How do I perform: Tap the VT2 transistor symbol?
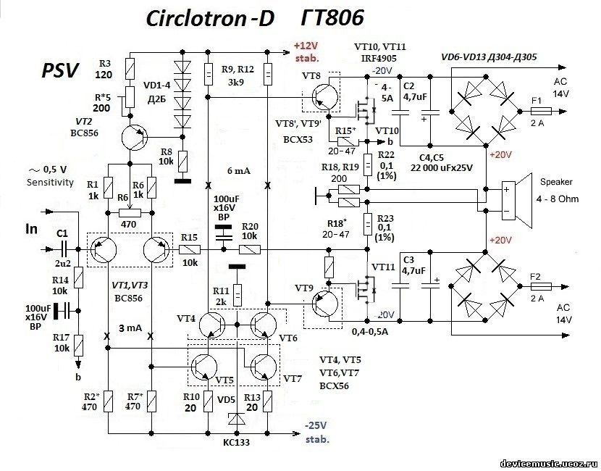coord(133,136)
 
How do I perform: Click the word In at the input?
coord(32,230)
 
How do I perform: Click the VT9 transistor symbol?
coord(324,302)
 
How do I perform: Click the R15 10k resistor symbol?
coord(189,249)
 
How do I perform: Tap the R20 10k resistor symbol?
coord(250,249)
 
